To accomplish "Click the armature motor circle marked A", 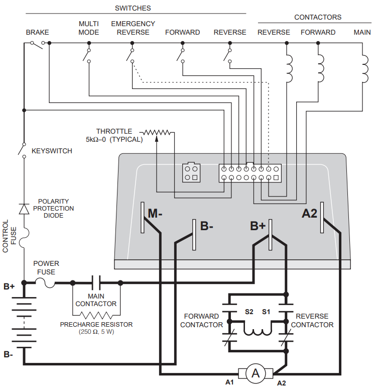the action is coord(256,373).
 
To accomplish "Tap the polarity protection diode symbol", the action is coord(24,209).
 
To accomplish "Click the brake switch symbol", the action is coord(38,44).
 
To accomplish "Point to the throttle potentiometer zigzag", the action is coord(157,133).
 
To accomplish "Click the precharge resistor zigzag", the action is coord(96,315).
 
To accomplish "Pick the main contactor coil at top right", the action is coord(364,69).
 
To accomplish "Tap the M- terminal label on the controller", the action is coord(155,213).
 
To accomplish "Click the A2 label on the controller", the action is coord(309,214).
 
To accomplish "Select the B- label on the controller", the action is coord(206,226).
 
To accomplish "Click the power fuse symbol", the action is coord(45,283).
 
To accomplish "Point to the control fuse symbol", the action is coord(26,236).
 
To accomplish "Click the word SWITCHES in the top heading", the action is coord(133,8).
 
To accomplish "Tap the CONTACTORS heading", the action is coord(318,17).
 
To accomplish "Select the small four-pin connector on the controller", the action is coord(191,172).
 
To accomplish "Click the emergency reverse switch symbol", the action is coord(130,55).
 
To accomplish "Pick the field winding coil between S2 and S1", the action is coord(258,332).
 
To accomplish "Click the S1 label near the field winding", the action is coord(266,312).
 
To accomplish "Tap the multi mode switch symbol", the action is coord(87,55).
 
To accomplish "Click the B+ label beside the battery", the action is coord(9,286).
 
